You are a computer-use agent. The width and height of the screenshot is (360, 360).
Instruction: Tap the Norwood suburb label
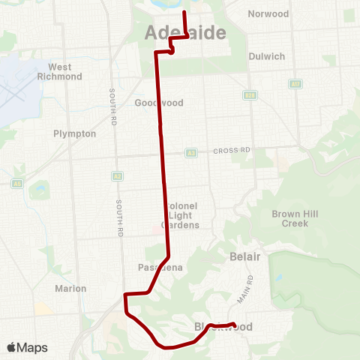pyautogui.click(x=268, y=13)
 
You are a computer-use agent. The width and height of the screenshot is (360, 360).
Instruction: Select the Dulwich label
pyautogui.click(x=267, y=55)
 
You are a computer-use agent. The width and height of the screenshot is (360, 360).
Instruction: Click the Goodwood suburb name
pyautogui.click(x=154, y=103)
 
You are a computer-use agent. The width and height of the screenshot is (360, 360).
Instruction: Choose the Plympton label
pyautogui.click(x=75, y=133)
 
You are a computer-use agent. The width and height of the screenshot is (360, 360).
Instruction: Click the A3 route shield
pyautogui.click(x=191, y=152)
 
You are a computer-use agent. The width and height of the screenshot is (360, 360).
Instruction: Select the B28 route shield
pyautogui.click(x=250, y=95)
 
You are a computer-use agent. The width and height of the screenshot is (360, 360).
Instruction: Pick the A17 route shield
pyautogui.click(x=295, y=84)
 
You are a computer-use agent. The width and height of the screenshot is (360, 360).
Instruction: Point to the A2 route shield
pyautogui.click(x=117, y=176)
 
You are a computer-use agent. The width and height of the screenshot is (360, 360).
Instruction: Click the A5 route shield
pyautogui.click(x=16, y=183)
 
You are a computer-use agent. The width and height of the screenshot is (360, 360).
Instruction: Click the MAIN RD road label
pyautogui.click(x=246, y=288)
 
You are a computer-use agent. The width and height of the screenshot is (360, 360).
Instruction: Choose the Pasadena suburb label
pyautogui.click(x=157, y=268)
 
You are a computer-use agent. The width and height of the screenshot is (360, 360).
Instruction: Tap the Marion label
pyautogui.click(x=70, y=288)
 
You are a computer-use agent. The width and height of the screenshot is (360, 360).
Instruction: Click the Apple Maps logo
pyautogui.click(x=27, y=347)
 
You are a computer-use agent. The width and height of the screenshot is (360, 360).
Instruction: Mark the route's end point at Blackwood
pyautogui.click(x=235, y=325)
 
